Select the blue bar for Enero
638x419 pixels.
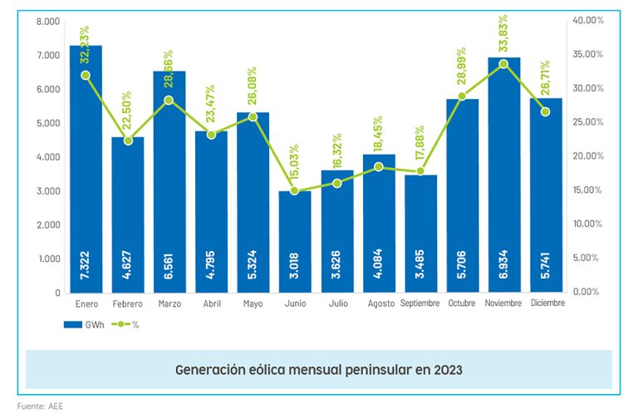(86, 166)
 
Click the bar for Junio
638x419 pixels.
(295, 241)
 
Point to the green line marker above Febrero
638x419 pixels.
(128, 140)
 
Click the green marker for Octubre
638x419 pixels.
(463, 96)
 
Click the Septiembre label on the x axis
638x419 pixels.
(420, 303)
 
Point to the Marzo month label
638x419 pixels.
(169, 303)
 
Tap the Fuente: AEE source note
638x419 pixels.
(40, 407)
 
